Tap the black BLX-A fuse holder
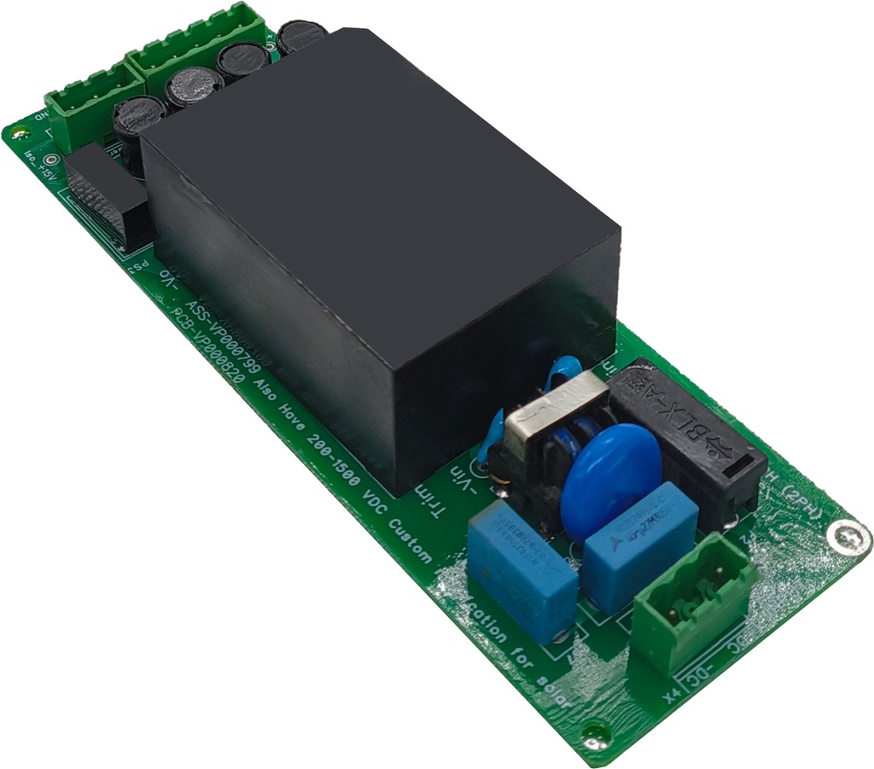click(x=683, y=435)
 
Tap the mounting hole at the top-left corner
click(x=19, y=132)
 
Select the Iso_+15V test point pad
click(x=52, y=160)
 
